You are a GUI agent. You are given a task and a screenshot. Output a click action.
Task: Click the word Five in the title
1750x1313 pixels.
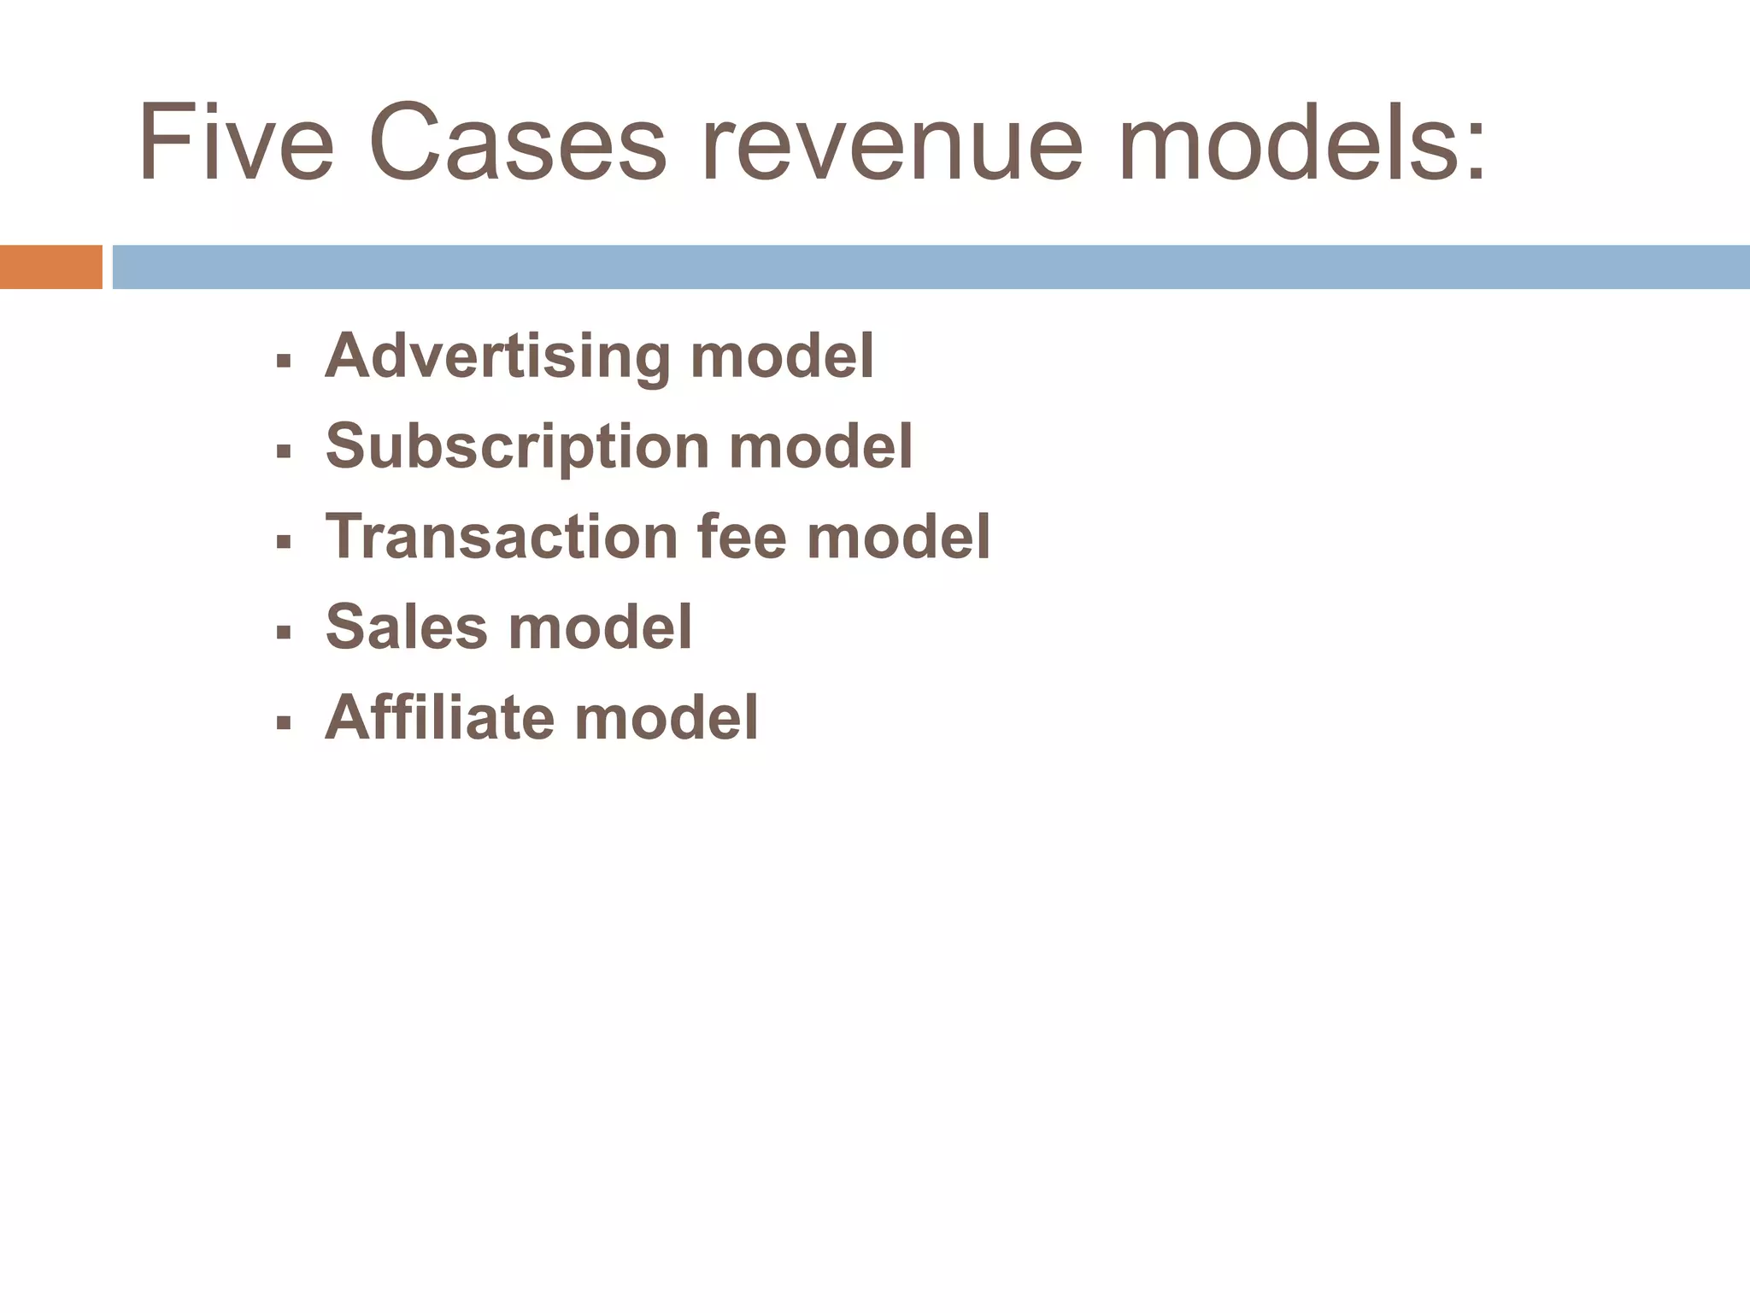pos(236,142)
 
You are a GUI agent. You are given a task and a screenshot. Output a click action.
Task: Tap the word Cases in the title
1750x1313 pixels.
pos(517,142)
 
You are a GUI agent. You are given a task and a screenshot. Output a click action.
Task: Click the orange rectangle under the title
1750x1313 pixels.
pos(50,267)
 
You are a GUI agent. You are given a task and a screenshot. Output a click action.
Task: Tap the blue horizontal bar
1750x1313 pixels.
pos(931,267)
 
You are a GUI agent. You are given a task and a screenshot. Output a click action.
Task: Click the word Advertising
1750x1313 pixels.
pos(497,357)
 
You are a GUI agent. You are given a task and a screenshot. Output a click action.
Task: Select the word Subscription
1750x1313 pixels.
pos(517,447)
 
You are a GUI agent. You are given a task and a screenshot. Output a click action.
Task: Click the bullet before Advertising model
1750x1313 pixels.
pos(284,362)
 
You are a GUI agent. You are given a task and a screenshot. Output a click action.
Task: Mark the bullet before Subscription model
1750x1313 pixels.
pos(284,451)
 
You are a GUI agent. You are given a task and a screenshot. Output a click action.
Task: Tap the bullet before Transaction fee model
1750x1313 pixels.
pos(284,542)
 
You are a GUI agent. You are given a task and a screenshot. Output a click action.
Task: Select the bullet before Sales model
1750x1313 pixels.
pos(284,633)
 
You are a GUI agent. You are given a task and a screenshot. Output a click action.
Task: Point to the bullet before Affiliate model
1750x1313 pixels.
pos(284,723)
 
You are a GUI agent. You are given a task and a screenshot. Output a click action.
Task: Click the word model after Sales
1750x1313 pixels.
pos(600,627)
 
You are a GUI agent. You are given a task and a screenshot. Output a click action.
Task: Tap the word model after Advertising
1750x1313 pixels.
pos(782,357)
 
